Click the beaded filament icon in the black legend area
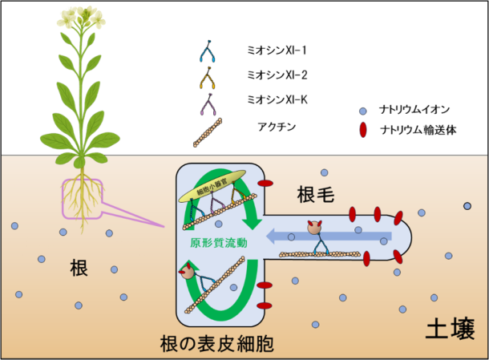(208, 132)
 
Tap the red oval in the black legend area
(363, 129)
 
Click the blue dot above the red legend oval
(363, 111)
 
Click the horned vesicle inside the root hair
(315, 228)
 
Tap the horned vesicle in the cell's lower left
(188, 272)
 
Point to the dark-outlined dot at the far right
(467, 206)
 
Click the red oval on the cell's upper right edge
(265, 184)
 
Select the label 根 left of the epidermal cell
(78, 269)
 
